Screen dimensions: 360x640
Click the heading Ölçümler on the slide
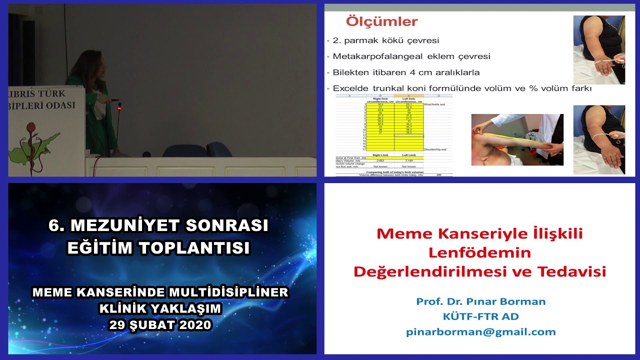coord(381,22)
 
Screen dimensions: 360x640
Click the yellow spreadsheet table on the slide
coord(395,122)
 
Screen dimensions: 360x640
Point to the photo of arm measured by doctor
coord(517,139)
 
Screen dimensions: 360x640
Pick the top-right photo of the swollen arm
coord(598,49)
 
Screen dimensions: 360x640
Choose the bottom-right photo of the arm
coord(598,139)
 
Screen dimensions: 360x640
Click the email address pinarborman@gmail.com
coord(480,331)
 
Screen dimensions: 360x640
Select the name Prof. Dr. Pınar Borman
coord(480,301)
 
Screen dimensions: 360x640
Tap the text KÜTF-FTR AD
coord(480,316)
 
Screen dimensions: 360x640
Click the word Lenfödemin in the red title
coord(479,252)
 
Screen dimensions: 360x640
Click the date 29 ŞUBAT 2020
coord(161,324)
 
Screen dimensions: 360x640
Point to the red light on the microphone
coord(119,106)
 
